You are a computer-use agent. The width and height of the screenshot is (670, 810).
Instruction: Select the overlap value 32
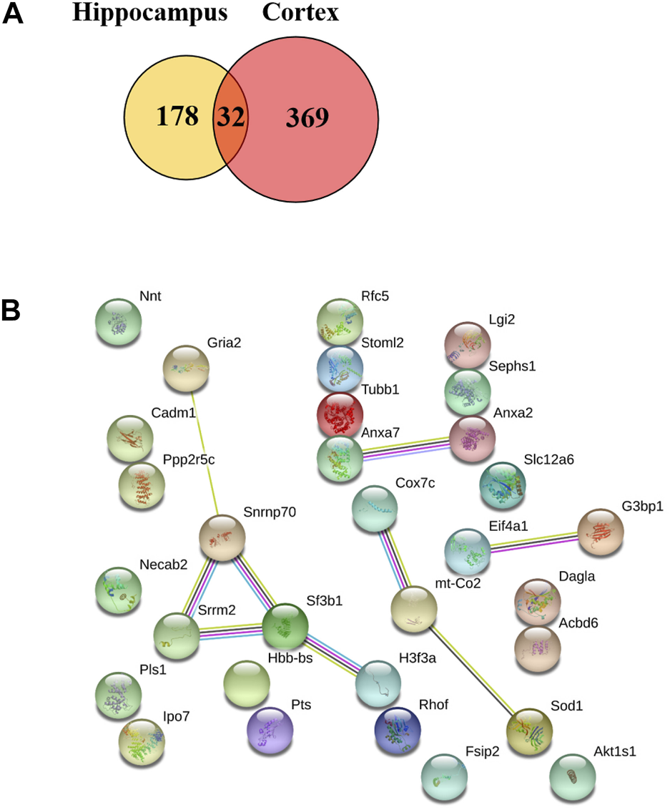coord(230,117)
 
